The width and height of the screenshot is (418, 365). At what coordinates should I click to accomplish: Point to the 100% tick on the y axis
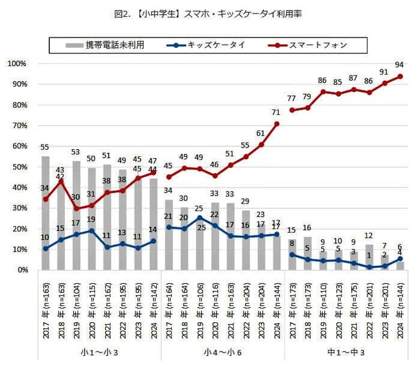click(x=16, y=64)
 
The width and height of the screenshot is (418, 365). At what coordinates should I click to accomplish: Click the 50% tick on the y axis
click(x=18, y=167)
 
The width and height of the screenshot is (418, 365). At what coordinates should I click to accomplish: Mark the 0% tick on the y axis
click(x=20, y=270)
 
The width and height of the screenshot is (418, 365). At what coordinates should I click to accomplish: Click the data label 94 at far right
click(x=399, y=65)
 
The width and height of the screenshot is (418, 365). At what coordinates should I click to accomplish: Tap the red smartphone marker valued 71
click(x=277, y=124)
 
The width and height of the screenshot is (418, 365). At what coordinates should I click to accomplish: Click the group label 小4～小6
click(x=222, y=353)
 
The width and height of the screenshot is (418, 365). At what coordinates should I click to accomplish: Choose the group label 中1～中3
click(x=345, y=353)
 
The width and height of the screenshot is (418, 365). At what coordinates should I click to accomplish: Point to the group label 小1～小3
click(x=99, y=353)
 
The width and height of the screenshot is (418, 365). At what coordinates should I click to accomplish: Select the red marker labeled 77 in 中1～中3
click(x=292, y=110)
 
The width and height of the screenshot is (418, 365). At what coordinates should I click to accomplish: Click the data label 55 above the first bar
click(x=45, y=148)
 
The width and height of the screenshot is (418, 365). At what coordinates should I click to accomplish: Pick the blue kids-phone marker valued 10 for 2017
click(x=45, y=249)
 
